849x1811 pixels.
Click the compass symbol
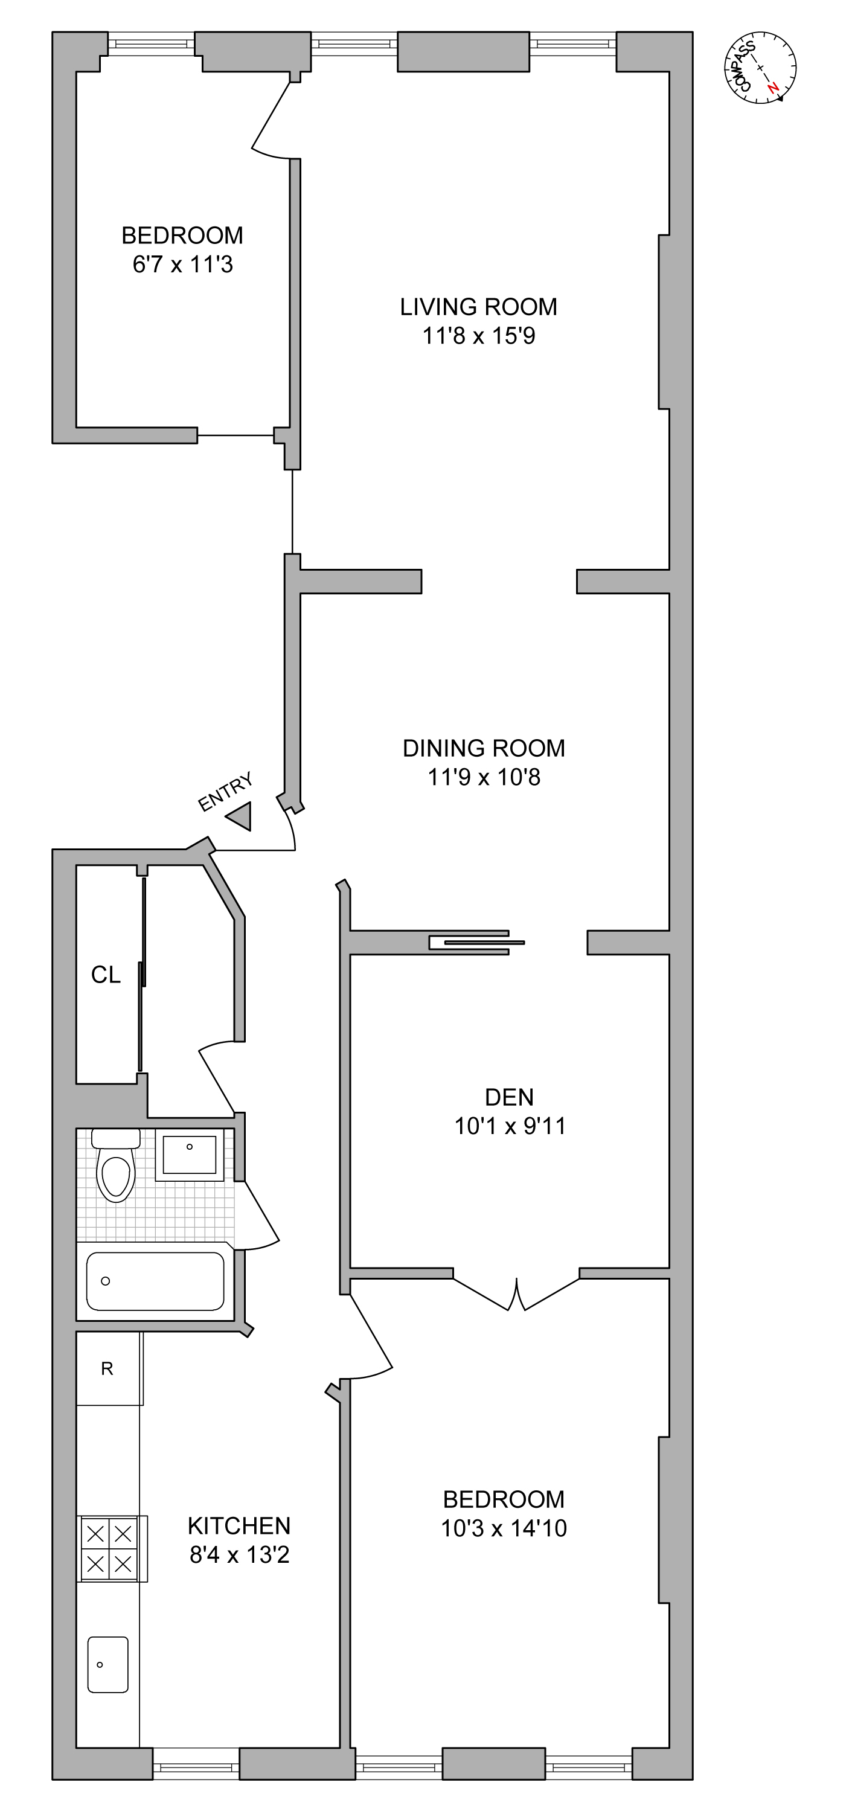point(761,68)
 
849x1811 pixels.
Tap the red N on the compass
point(772,88)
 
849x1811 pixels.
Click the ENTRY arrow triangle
point(240,816)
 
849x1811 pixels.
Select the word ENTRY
point(224,792)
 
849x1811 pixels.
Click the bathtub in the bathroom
point(155,1281)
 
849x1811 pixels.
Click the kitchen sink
point(107,1664)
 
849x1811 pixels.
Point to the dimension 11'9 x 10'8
point(484,777)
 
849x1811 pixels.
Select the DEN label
point(509,1097)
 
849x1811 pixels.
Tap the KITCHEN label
point(239,1525)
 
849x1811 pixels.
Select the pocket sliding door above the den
point(478,942)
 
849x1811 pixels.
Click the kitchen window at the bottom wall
point(196,1768)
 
